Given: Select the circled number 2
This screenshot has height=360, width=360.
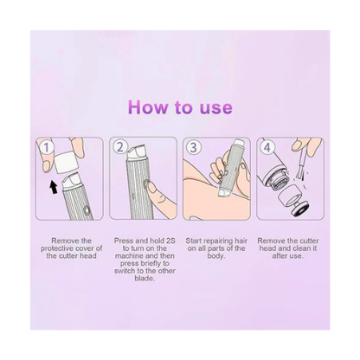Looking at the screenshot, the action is pos(120,147).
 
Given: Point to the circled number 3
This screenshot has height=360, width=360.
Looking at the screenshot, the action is pos(194,147).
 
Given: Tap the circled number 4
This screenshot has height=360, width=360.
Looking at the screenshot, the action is pos(267,147).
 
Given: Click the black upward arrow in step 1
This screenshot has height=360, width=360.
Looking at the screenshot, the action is pos(54,187).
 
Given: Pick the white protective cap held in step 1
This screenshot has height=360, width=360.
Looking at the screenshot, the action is pos(67,164).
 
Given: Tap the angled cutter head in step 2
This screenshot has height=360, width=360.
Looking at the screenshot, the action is pos(136,152).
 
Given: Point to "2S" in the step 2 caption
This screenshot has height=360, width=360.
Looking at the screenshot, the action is pos(170,241).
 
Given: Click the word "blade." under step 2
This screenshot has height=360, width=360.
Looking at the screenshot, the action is pos(145,279).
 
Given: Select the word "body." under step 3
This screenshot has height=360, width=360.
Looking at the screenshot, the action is pos(216,256).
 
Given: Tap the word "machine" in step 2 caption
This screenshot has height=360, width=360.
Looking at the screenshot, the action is pos(129,256).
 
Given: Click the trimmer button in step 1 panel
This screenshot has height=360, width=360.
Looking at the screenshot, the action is pos(86,209).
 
